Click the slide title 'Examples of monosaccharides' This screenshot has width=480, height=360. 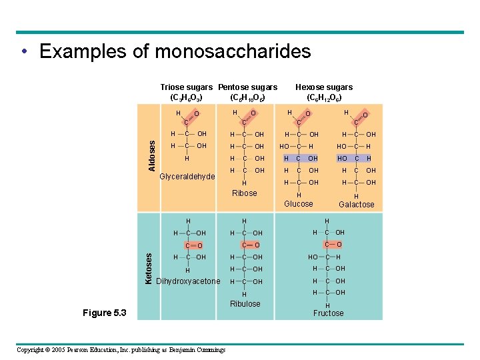pyautogui.click(x=175, y=51)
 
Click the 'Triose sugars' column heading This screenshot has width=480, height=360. pyautogui.click(x=187, y=87)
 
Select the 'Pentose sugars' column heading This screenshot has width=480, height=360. pyautogui.click(x=248, y=87)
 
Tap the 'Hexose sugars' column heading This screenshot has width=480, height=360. pyautogui.click(x=324, y=87)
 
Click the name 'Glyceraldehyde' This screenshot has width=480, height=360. pyautogui.click(x=187, y=177)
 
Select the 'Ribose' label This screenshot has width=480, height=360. pyautogui.click(x=244, y=193)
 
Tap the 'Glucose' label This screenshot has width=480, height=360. pyautogui.click(x=298, y=203)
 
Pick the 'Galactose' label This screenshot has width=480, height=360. pyautogui.click(x=357, y=205)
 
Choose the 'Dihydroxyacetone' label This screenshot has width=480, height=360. pyautogui.click(x=187, y=281)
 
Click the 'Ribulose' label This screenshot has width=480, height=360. pyautogui.click(x=245, y=304)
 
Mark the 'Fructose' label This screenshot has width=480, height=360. pyautogui.click(x=328, y=313)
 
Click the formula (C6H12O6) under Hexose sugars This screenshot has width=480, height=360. pyautogui.click(x=324, y=97)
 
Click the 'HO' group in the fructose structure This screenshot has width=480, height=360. pyautogui.click(x=313, y=257)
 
